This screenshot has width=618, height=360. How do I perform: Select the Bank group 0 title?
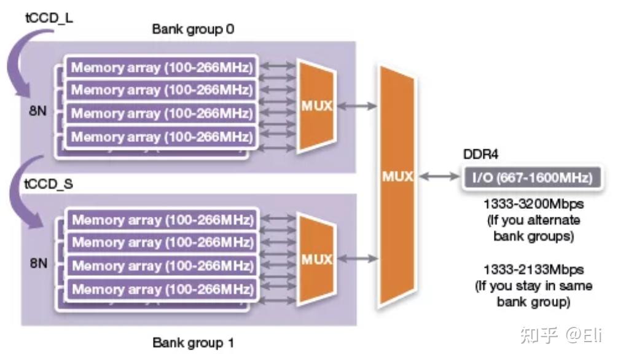(194, 29)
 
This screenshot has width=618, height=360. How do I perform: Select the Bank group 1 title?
(194, 343)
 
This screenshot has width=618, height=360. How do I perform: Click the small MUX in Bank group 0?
(316, 106)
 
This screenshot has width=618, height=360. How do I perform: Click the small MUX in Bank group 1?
(316, 259)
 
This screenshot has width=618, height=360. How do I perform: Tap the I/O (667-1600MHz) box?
(530, 178)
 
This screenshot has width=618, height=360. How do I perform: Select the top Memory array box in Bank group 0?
(162, 67)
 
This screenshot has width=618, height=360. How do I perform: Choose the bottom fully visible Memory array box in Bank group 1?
(162, 289)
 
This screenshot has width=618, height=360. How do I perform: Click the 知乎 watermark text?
(539, 335)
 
